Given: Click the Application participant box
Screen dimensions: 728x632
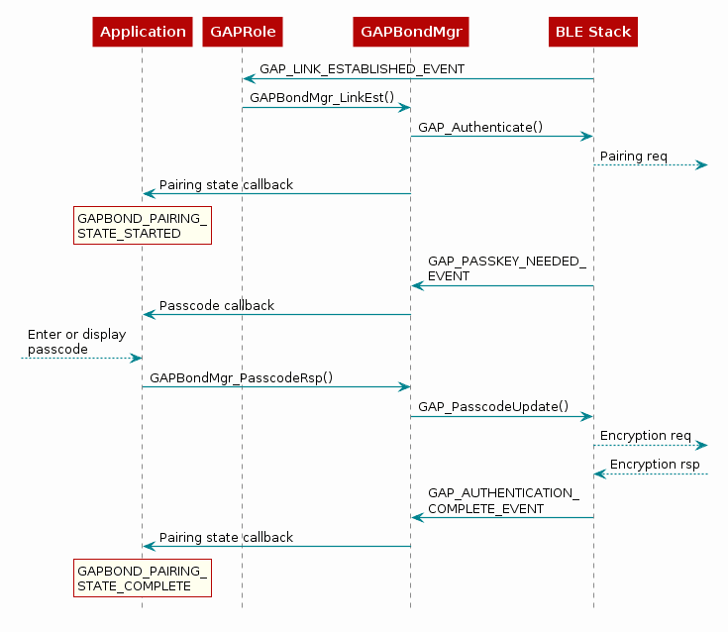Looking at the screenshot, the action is [143, 32].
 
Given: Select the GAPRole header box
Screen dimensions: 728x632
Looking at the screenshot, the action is [243, 32].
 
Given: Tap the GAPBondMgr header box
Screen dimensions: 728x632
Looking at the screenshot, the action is [411, 32].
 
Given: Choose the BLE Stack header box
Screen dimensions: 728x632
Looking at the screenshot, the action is [593, 32].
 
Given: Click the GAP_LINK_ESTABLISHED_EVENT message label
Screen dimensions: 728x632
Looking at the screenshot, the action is [363, 69].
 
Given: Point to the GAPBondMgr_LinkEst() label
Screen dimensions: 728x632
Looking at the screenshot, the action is [322, 97].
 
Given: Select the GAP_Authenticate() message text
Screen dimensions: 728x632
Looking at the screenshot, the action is [480, 127].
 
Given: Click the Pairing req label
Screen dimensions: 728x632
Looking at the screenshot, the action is [633, 157].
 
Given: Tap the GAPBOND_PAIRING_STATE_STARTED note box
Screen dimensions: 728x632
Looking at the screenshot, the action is [143, 226].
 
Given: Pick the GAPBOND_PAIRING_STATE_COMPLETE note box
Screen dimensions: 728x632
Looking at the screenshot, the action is [143, 579].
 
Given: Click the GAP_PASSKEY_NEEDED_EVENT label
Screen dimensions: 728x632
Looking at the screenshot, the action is [506, 268].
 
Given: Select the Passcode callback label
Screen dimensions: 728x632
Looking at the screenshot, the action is [217, 305].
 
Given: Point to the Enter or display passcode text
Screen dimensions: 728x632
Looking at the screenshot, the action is [76, 342].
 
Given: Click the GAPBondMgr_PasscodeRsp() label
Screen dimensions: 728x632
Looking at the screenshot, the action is [241, 378].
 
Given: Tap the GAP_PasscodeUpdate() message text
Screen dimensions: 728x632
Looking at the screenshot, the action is [493, 407].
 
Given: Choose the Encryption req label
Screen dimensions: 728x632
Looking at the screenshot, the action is [646, 436].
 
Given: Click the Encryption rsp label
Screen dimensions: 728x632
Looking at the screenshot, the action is [655, 465].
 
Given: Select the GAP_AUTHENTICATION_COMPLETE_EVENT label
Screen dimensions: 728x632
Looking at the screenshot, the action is [503, 500].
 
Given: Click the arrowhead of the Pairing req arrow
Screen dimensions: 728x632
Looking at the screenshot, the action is [702, 164].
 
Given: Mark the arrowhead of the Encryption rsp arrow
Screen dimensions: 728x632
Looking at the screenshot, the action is [600, 474].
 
